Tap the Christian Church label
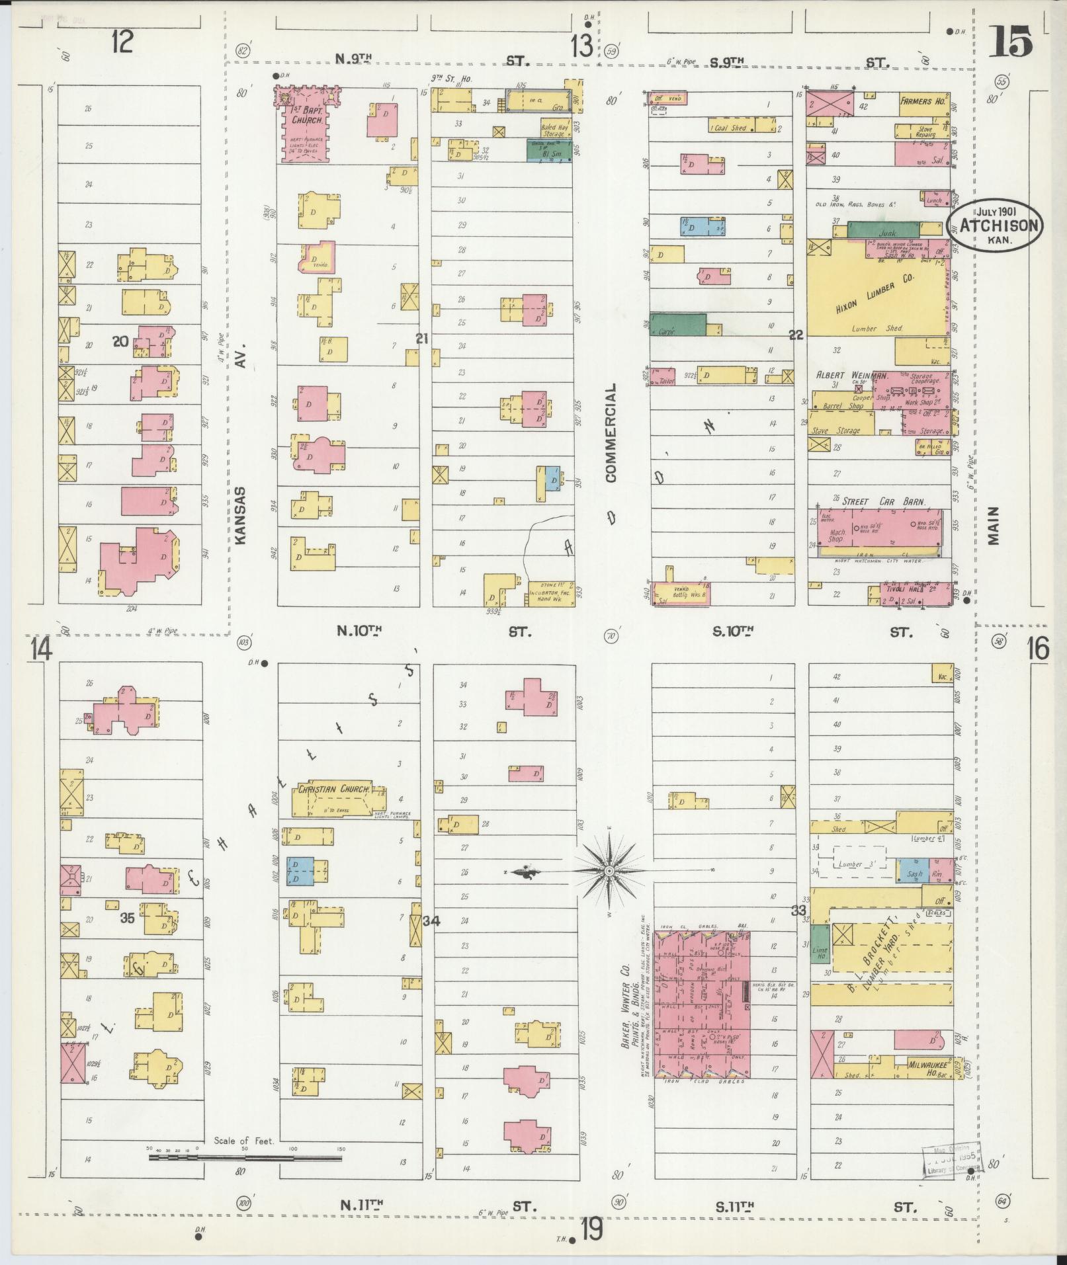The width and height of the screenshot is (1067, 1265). (x=334, y=789)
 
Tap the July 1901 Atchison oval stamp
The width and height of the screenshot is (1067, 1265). (x=994, y=224)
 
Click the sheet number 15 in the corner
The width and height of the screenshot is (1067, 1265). (x=1011, y=41)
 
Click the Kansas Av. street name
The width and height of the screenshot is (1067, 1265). (x=239, y=515)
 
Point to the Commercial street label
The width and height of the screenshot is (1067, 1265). (x=609, y=432)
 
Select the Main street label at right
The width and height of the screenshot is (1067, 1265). (x=993, y=526)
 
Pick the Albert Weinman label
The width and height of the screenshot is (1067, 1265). (x=850, y=375)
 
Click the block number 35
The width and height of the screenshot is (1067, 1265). (x=128, y=918)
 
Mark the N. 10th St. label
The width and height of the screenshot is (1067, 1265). (x=360, y=631)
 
